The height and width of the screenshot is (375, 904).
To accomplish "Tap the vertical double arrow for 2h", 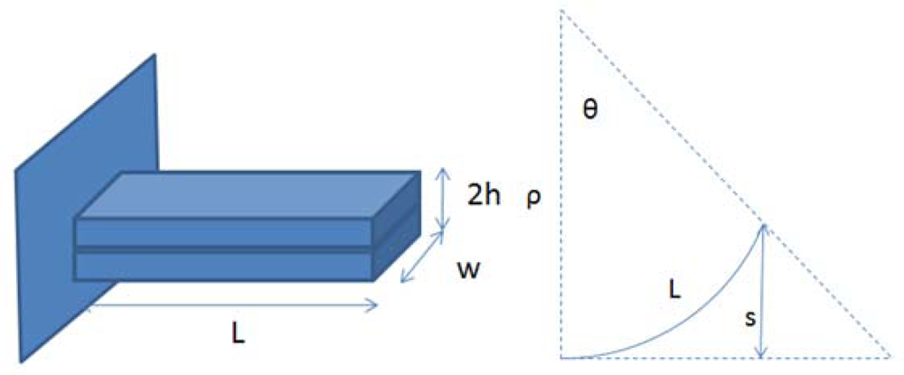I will pyautogui.click(x=442, y=200).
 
